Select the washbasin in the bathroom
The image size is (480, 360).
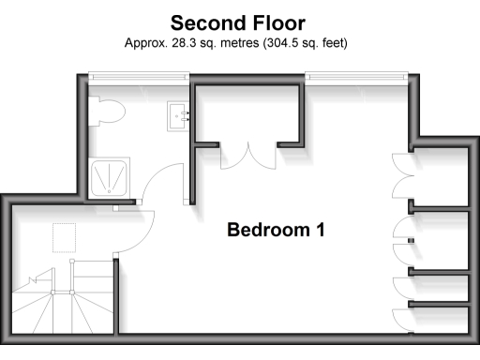click(x=181, y=115)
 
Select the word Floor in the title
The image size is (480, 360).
click(x=278, y=22)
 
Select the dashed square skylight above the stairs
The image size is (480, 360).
click(x=65, y=238)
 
